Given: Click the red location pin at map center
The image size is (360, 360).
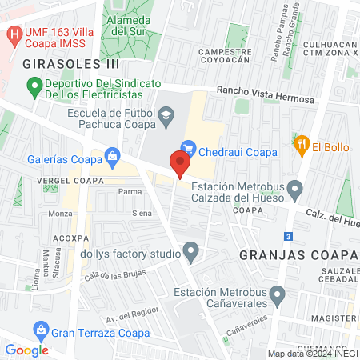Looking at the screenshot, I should click(179, 163).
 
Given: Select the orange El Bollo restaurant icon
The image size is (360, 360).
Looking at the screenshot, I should click(302, 145).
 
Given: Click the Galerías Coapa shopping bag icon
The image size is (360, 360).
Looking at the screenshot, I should click(112, 155).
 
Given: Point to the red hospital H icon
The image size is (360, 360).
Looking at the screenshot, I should click(13, 35).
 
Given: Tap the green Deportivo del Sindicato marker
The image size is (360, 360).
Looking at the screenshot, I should click(34, 84).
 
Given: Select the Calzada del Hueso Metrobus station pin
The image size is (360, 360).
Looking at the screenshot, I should click(295, 190).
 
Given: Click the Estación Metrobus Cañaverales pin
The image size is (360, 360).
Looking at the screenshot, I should click(278, 297).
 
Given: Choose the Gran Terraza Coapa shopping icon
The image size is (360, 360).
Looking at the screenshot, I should click(39, 329).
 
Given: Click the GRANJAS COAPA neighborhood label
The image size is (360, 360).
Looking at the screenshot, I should click(295, 255).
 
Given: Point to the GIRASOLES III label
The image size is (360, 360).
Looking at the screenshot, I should click(71, 62).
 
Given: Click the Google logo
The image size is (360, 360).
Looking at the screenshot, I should click(26, 350).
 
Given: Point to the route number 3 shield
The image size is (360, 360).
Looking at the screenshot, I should click(287, 236).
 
